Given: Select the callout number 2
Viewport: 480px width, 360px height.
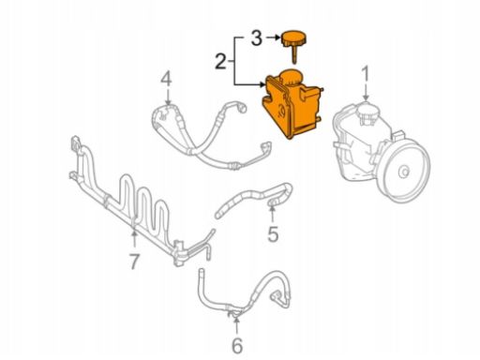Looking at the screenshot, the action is click(220, 61).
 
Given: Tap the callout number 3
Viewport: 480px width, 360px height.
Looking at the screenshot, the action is click(256, 38).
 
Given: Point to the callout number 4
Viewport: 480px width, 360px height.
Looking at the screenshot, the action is click(166, 79).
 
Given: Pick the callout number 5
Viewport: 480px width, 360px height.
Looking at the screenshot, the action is click(273, 234).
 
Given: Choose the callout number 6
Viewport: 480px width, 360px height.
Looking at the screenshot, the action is click(237, 346).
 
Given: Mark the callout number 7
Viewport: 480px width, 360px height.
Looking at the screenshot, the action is click(134, 262).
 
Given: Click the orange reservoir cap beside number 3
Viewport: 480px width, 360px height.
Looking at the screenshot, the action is click(294, 38).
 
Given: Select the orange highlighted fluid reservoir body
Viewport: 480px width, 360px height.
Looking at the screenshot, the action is click(292, 105).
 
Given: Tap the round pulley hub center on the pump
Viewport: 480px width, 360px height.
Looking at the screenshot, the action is click(404, 172).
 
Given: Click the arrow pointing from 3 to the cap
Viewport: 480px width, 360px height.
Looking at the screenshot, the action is click(273, 37).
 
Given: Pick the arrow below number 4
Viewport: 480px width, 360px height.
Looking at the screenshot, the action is click(168, 97).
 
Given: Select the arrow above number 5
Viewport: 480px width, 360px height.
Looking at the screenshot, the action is click(272, 214).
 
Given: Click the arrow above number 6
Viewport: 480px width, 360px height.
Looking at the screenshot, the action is click(237, 325).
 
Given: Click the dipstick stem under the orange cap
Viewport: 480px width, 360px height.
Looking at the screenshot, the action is click(294, 54).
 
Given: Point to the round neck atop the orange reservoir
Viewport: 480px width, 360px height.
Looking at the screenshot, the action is click(291, 77).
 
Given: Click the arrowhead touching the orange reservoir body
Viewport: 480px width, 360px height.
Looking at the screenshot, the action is click(262, 84).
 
